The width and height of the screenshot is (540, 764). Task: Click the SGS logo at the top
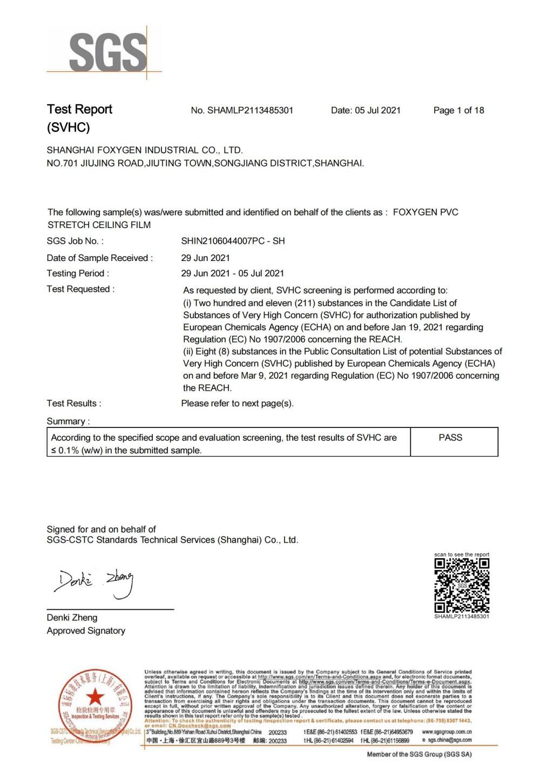point(107,52)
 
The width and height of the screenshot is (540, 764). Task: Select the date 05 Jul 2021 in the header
point(377,110)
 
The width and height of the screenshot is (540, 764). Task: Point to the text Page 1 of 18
point(458,110)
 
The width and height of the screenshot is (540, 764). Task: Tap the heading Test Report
point(79,109)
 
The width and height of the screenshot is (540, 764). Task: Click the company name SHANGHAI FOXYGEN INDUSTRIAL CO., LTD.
point(145,150)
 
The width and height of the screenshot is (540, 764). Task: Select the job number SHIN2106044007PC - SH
point(233,241)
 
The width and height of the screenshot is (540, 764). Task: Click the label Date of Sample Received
point(99,258)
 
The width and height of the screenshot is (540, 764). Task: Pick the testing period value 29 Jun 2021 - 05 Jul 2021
point(232,273)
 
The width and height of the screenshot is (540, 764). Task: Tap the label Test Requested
point(80,289)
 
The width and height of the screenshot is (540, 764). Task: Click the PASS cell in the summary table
point(450,438)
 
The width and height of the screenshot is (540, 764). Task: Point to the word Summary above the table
point(68,421)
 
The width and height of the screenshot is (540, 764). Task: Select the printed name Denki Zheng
point(72,618)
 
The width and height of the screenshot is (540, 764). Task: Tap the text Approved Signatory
point(86,631)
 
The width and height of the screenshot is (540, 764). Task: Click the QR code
point(462,585)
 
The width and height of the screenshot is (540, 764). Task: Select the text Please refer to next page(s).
point(237,404)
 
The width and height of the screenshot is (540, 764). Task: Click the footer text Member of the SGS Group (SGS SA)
point(419,754)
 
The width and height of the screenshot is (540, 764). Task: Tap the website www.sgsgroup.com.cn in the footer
point(447,732)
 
